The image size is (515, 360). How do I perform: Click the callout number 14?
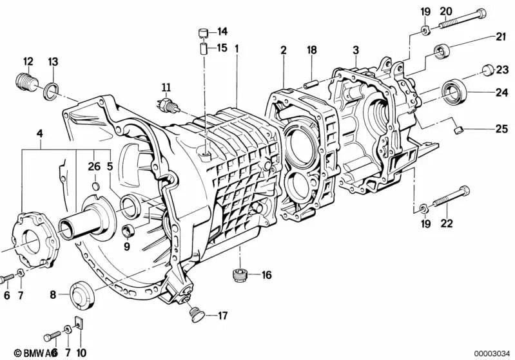[222, 31]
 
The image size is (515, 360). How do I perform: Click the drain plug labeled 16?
[240, 276]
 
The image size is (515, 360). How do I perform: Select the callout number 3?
[355, 50]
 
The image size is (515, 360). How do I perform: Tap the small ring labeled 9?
[126, 231]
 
